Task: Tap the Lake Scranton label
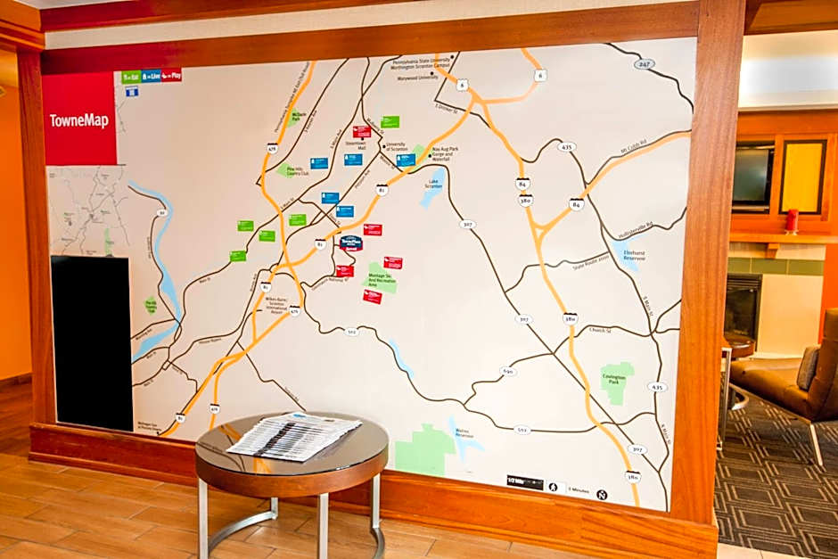click(434, 184)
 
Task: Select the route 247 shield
click(644, 63)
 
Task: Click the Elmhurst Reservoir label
click(634, 254)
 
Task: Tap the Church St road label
click(599, 330)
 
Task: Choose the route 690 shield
click(507, 371)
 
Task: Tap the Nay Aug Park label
click(443, 152)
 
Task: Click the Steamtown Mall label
click(357, 144)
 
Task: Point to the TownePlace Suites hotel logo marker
click(350, 243)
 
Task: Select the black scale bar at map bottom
click(524, 482)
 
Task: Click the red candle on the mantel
click(791, 220)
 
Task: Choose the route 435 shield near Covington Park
click(657, 387)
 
